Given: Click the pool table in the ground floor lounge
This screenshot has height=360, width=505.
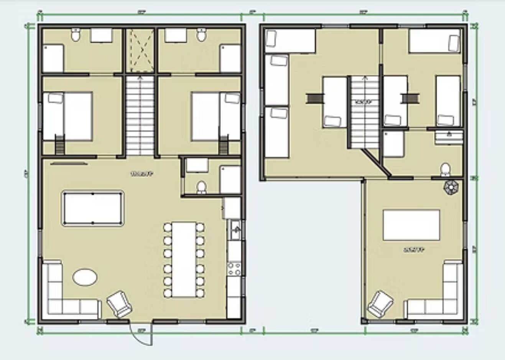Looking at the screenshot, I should [92, 208].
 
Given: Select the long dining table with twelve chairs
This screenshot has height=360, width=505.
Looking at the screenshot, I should [184, 259].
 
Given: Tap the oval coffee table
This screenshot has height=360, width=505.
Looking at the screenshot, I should [85, 277].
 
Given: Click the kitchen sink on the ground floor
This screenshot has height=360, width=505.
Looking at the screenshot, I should [235, 230].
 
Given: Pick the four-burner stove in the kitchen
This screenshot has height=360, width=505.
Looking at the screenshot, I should [234, 268].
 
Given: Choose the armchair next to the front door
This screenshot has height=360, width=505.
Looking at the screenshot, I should [119, 304].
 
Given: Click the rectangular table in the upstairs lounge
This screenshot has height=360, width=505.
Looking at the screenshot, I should [411, 225].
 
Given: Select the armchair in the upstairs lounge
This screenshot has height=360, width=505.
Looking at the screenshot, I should [380, 304].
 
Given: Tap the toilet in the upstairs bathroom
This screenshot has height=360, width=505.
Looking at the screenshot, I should [445, 169].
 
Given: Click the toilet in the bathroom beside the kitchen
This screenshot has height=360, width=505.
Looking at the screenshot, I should [201, 187].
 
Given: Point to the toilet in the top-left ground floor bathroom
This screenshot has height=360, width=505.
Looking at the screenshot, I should [76, 35].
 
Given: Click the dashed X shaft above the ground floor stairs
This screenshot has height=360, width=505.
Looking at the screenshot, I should [140, 50].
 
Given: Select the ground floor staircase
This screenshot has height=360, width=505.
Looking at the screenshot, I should [140, 115].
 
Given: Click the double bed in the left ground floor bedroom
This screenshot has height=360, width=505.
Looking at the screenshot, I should [67, 116].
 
